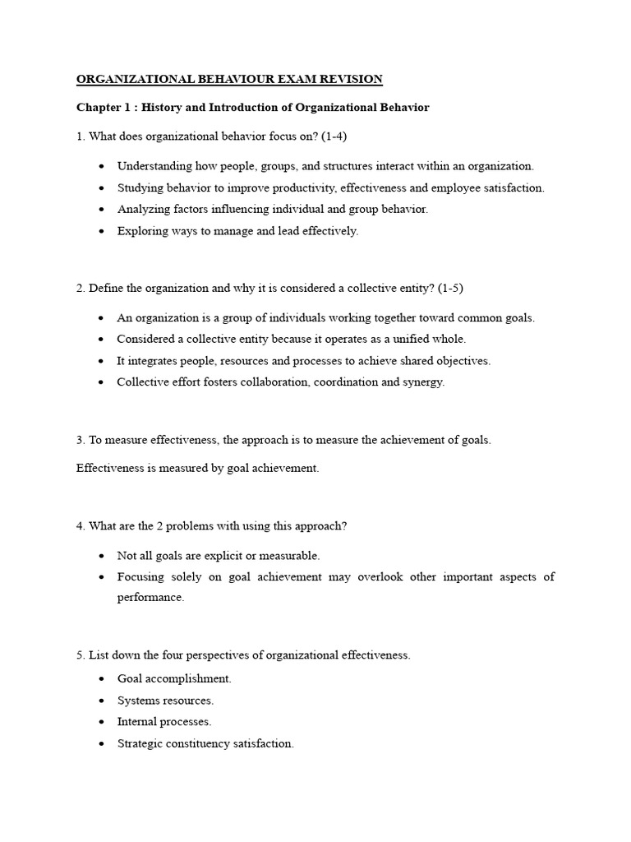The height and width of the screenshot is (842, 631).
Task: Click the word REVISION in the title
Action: (x=351, y=80)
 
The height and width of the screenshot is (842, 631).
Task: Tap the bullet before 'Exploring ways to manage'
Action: (x=100, y=232)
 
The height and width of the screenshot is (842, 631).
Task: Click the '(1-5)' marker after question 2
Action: (x=456, y=288)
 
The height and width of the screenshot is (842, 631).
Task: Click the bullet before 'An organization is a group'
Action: (x=100, y=318)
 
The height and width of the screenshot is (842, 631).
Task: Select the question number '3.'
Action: (x=81, y=440)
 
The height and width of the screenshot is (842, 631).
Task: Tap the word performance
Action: (x=150, y=598)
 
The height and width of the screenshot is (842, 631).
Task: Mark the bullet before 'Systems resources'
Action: (x=100, y=701)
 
